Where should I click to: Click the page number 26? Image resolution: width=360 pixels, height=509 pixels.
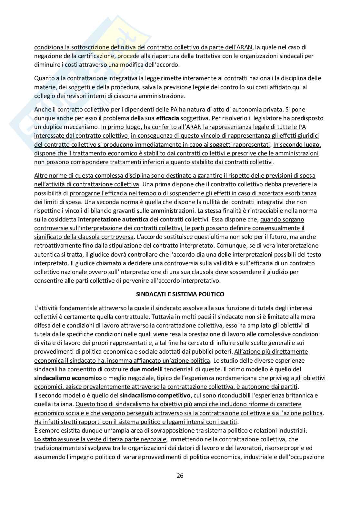(180, 475)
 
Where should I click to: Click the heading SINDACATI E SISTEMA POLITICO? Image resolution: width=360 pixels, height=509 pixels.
(180, 294)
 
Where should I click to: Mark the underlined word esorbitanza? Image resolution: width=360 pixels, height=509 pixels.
(301, 193)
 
